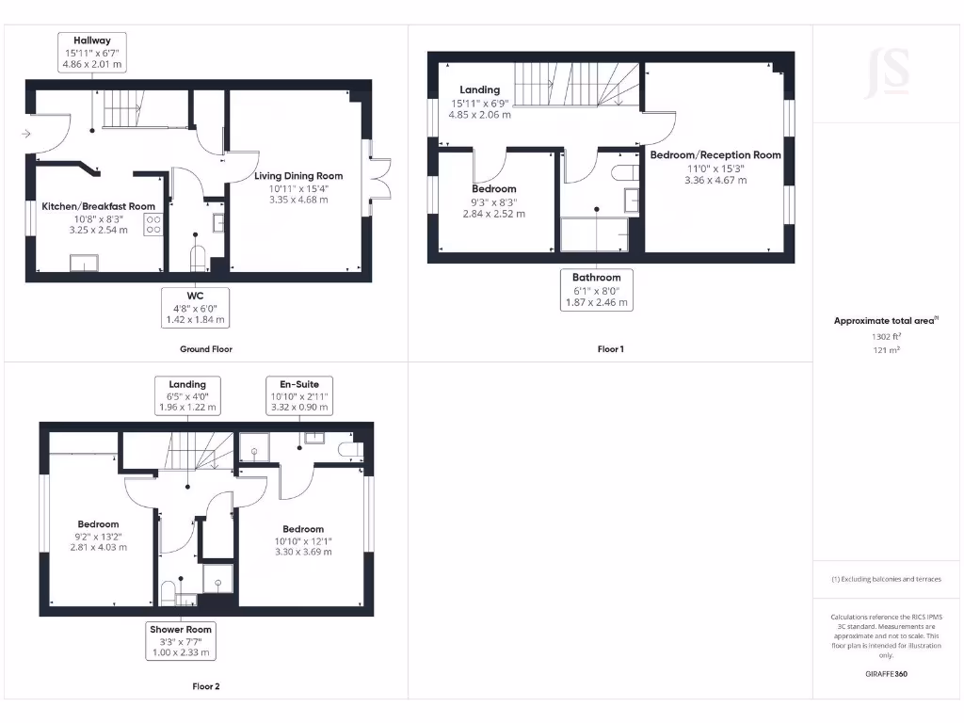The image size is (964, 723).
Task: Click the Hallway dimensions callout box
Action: point(92,53)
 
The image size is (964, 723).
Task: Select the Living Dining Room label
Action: point(298,176)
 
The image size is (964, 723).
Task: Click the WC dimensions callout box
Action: point(196,308)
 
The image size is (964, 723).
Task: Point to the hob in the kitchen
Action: point(153,224)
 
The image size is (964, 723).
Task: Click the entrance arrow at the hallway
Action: point(26,134)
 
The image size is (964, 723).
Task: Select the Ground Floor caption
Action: point(206,349)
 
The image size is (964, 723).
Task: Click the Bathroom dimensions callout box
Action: point(597,290)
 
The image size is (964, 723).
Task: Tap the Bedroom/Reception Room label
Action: point(715,155)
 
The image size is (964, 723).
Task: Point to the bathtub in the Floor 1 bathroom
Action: point(595,233)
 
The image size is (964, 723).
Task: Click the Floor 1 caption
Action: point(610,349)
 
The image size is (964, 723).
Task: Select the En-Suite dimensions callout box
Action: point(299,395)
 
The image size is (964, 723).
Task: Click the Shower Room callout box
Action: point(181,640)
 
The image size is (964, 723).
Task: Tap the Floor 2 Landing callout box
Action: point(187,395)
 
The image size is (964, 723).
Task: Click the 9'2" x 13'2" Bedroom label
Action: point(98,524)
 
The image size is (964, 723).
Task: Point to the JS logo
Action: point(888,72)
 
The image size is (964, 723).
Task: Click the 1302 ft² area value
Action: point(885,336)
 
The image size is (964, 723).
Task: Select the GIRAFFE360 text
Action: point(886,674)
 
